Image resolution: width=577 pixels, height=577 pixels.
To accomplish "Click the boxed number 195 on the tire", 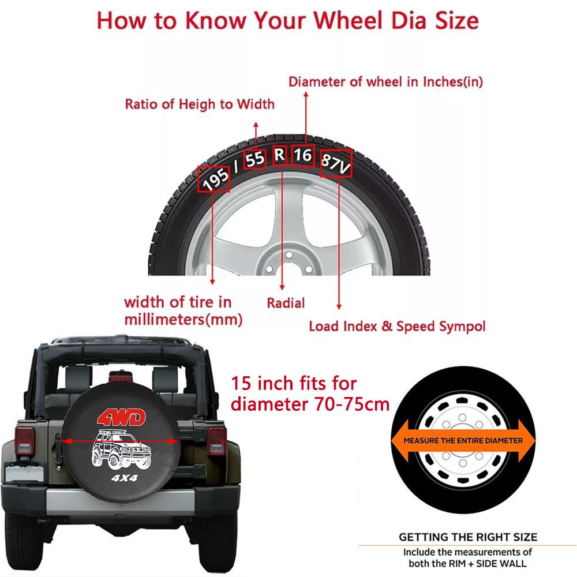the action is click(x=214, y=179).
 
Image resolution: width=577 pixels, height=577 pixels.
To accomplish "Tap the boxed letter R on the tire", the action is click(x=280, y=155).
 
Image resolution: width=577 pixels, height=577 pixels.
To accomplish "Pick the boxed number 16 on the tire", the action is click(x=303, y=155).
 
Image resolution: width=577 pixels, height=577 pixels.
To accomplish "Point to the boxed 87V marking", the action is click(x=336, y=163).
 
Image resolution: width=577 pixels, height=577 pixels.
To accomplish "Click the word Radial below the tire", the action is click(x=286, y=304).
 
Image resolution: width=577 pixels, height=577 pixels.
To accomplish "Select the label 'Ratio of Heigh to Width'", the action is click(x=200, y=104).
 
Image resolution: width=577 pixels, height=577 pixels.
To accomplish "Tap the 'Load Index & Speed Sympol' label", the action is click(x=397, y=327).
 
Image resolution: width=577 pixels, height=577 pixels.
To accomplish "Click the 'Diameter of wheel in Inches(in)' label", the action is click(x=385, y=82).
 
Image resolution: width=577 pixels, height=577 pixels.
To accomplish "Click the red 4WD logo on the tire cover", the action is click(x=121, y=418).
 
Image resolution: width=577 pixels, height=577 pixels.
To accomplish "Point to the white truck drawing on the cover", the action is click(x=121, y=449).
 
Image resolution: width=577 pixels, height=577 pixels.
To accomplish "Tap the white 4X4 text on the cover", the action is click(x=125, y=478).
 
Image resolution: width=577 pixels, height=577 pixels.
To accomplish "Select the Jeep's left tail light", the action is click(x=25, y=441).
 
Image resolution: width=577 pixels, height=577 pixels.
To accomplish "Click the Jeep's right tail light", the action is click(x=216, y=441).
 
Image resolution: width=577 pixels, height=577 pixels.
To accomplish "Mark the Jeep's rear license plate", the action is click(x=24, y=473).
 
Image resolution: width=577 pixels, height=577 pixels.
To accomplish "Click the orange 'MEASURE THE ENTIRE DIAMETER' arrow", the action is click(x=463, y=440).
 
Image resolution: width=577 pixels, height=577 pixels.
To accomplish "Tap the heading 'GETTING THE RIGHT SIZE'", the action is click(x=468, y=537).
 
